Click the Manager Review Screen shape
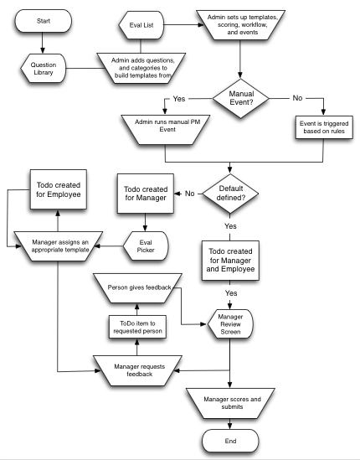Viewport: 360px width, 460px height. click(x=230, y=323)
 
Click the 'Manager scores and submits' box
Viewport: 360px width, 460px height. click(x=230, y=403)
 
